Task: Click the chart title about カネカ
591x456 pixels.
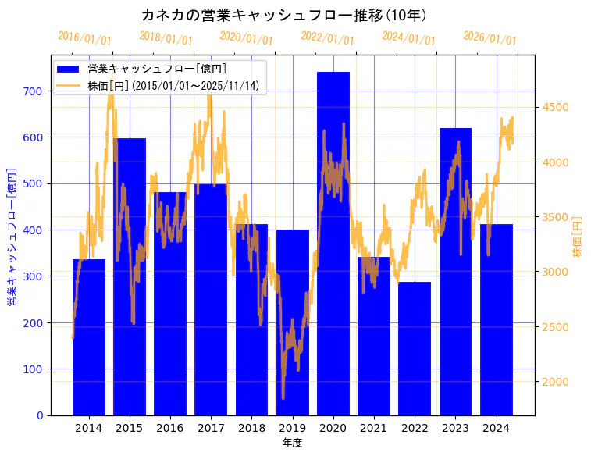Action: click(283, 15)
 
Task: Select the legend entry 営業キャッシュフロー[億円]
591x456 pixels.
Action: click(157, 69)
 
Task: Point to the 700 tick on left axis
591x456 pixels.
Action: click(33, 91)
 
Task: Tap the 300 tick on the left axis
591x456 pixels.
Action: click(33, 276)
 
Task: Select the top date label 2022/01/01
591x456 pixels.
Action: click(327, 38)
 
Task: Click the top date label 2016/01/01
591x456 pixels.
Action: click(84, 38)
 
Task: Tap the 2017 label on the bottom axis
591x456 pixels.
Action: click(211, 428)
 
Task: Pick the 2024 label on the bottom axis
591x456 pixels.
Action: click(496, 428)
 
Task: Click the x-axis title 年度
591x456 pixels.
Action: click(292, 443)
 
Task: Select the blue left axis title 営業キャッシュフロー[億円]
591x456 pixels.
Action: click(12, 237)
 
